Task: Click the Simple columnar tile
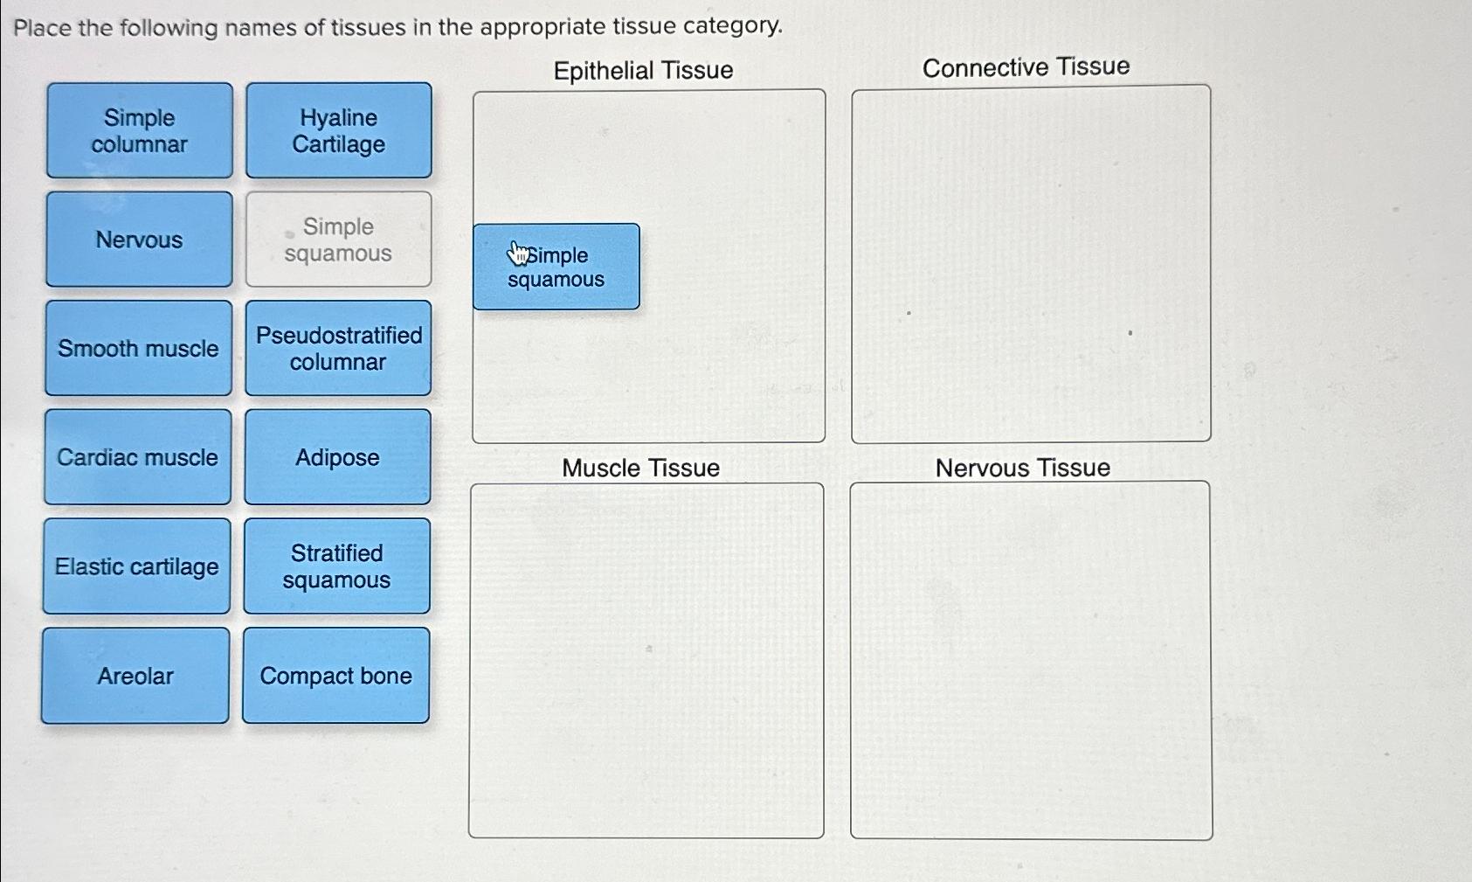coord(140,131)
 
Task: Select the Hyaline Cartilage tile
coord(339,131)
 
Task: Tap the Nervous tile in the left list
coord(139,240)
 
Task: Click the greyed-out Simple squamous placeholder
coord(338,240)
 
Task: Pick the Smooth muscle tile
coord(139,348)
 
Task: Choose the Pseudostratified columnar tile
coord(338,348)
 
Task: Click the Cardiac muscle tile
coord(138,457)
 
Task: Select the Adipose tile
coord(337,457)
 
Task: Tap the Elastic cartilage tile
coord(137,566)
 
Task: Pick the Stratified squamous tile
coord(336,566)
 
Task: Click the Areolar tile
coord(135,676)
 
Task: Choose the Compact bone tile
coord(335,676)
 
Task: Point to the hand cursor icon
coord(519,253)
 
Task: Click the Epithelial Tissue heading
coord(643,70)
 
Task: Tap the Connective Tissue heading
coord(1026,67)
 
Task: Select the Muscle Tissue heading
coord(640,468)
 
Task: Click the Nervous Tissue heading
coord(1022,468)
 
